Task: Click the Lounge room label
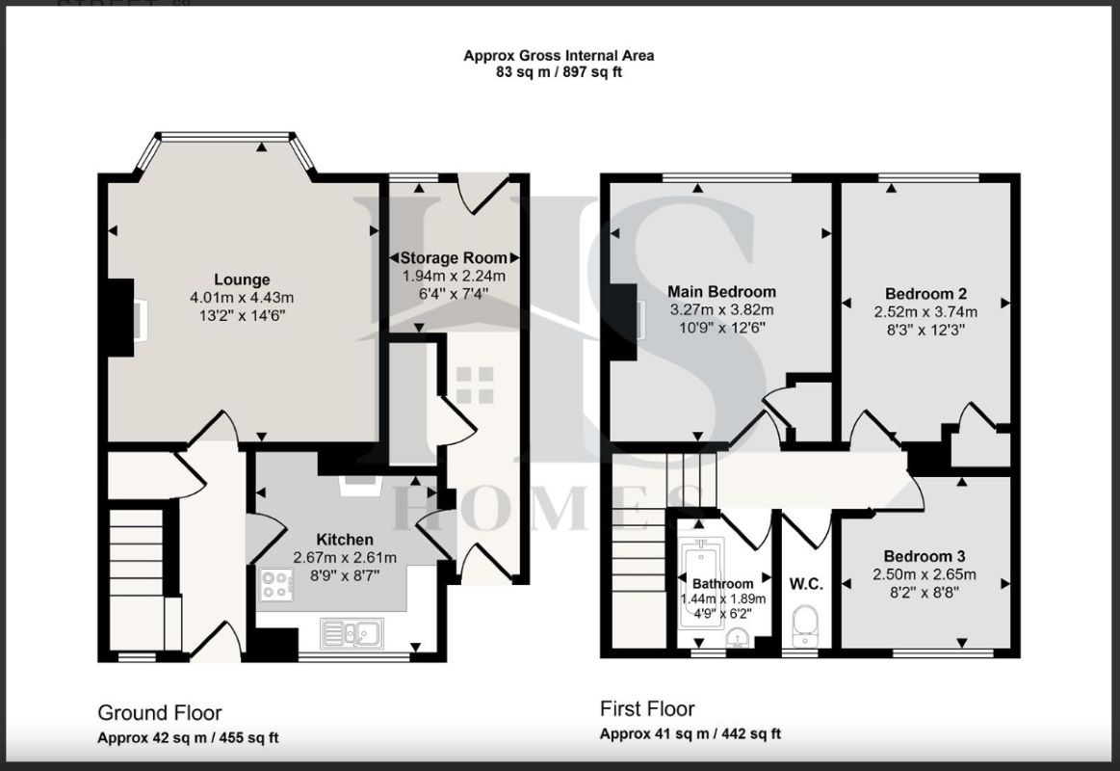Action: [242, 279]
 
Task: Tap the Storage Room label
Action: [454, 258]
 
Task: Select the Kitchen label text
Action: [345, 540]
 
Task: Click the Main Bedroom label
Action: [721, 292]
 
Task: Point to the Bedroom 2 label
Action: [925, 294]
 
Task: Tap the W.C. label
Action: [806, 584]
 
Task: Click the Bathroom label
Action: [723, 584]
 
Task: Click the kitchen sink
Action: [352, 632]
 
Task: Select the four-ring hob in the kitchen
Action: [276, 584]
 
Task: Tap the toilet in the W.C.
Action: [805, 621]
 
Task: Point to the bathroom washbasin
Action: [737, 637]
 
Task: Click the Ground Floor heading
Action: [159, 712]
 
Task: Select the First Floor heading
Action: [647, 708]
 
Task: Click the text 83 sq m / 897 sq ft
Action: [559, 72]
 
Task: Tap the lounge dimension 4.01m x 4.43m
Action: [242, 298]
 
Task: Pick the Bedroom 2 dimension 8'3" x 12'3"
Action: [925, 331]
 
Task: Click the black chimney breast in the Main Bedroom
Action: [624, 322]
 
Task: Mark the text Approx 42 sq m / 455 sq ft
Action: [188, 738]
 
